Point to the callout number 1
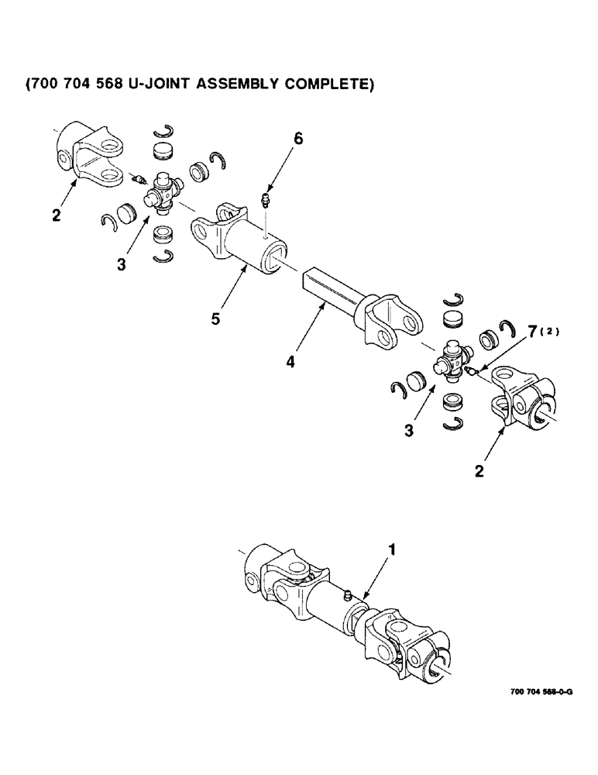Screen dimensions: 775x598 coord(392,550)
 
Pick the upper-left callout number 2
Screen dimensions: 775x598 coord(56,215)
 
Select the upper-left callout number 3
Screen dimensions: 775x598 coord(122,264)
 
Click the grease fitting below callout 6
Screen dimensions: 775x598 coord(266,203)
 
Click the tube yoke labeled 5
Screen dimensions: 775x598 coord(240,244)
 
